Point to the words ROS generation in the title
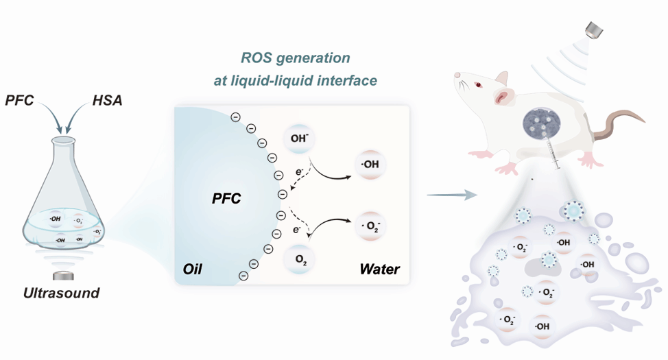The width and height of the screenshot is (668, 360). point(295,58)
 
